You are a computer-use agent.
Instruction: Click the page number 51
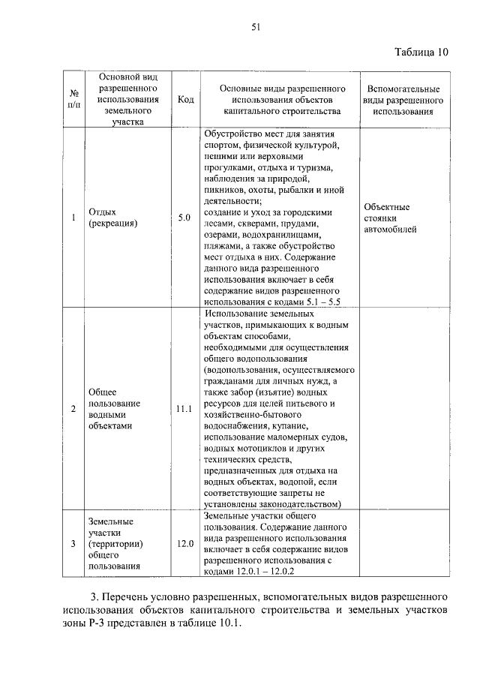click(255, 28)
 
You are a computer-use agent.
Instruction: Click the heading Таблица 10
click(421, 53)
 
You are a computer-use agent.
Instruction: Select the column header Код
click(185, 99)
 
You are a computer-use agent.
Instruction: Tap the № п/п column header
click(73, 99)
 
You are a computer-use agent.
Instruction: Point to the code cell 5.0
click(185, 218)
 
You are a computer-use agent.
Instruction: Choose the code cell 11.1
click(184, 409)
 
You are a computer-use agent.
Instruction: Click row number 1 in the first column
click(73, 218)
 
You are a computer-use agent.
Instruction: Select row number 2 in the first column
click(73, 409)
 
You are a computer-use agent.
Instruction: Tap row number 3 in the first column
click(73, 542)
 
